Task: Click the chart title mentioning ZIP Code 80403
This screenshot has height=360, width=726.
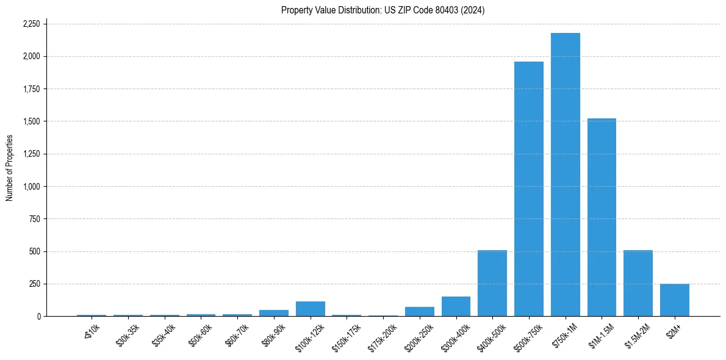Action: (383, 10)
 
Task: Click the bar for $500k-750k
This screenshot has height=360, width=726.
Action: (528, 189)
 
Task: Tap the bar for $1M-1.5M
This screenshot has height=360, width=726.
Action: (602, 217)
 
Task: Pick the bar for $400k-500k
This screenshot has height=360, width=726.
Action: (492, 283)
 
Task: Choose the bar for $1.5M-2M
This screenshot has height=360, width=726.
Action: (638, 283)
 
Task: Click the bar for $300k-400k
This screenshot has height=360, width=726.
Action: (456, 306)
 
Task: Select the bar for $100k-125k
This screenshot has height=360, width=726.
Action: (310, 309)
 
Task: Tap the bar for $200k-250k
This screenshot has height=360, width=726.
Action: (419, 311)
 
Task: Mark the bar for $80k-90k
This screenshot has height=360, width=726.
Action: (274, 313)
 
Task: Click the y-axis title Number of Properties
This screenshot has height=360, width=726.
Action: (10, 168)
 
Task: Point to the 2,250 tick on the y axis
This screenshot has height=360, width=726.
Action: (31, 24)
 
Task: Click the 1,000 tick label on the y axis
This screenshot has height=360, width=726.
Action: (31, 186)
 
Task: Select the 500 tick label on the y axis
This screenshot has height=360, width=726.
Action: (34, 251)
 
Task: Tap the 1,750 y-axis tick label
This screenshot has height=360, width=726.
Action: (31, 89)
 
